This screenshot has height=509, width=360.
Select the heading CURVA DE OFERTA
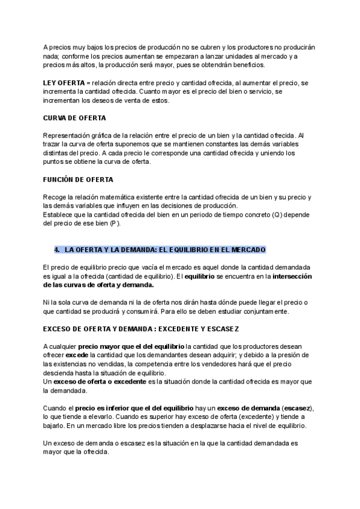click(74, 118)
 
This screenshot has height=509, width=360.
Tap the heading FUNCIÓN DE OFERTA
click(78, 179)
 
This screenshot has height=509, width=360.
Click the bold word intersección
click(293, 276)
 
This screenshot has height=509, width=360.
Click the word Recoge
click(55, 197)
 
